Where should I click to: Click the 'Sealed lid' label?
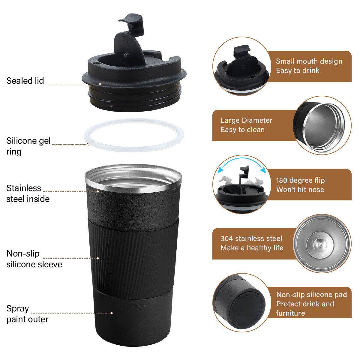tap(25, 81)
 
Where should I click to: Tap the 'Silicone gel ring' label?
tap(28, 146)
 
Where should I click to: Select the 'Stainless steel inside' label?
tap(28, 193)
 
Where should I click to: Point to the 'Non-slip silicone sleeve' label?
tap(34, 259)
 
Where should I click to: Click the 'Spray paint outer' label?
tap(27, 314)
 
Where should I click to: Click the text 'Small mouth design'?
tap(309, 61)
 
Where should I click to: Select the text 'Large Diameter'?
tap(246, 120)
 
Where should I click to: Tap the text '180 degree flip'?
tap(300, 180)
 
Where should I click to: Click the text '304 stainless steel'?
tap(251, 238)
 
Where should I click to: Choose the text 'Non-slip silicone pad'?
tap(311, 294)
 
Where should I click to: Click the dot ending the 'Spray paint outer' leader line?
tap(112, 313)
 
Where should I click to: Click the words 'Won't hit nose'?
tap(300, 190)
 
